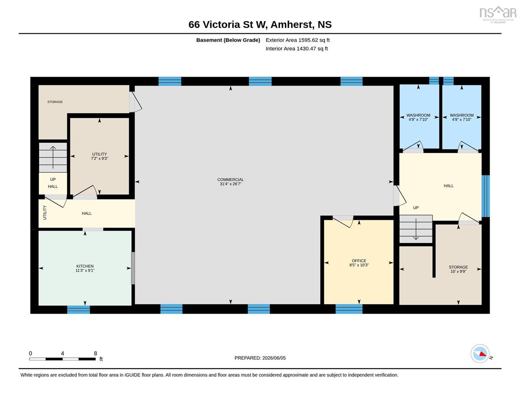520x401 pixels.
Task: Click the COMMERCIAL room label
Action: [230, 180]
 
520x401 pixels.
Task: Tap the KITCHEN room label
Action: [85, 266]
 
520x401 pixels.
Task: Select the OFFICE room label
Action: [359, 260]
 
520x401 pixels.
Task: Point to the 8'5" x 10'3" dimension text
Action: [359, 265]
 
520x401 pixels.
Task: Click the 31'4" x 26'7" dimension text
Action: [230, 184]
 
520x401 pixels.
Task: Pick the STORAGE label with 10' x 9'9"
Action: [458, 267]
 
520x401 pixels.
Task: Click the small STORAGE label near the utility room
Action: [55, 102]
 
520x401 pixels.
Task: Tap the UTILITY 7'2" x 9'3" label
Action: [99, 156]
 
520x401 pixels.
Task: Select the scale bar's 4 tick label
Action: [62, 353]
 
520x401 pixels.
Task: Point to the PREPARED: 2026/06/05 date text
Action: [260, 358]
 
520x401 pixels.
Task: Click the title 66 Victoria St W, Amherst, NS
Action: [260, 25]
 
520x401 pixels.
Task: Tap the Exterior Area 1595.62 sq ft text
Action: [297, 40]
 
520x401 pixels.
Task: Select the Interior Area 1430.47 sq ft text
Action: [296, 49]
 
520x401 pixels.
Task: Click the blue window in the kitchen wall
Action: [78, 310]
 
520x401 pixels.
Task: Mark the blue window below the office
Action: [349, 309]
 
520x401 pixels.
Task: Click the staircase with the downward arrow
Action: [416, 229]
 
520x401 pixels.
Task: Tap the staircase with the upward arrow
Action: [53, 157]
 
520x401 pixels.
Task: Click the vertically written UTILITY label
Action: [45, 212]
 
